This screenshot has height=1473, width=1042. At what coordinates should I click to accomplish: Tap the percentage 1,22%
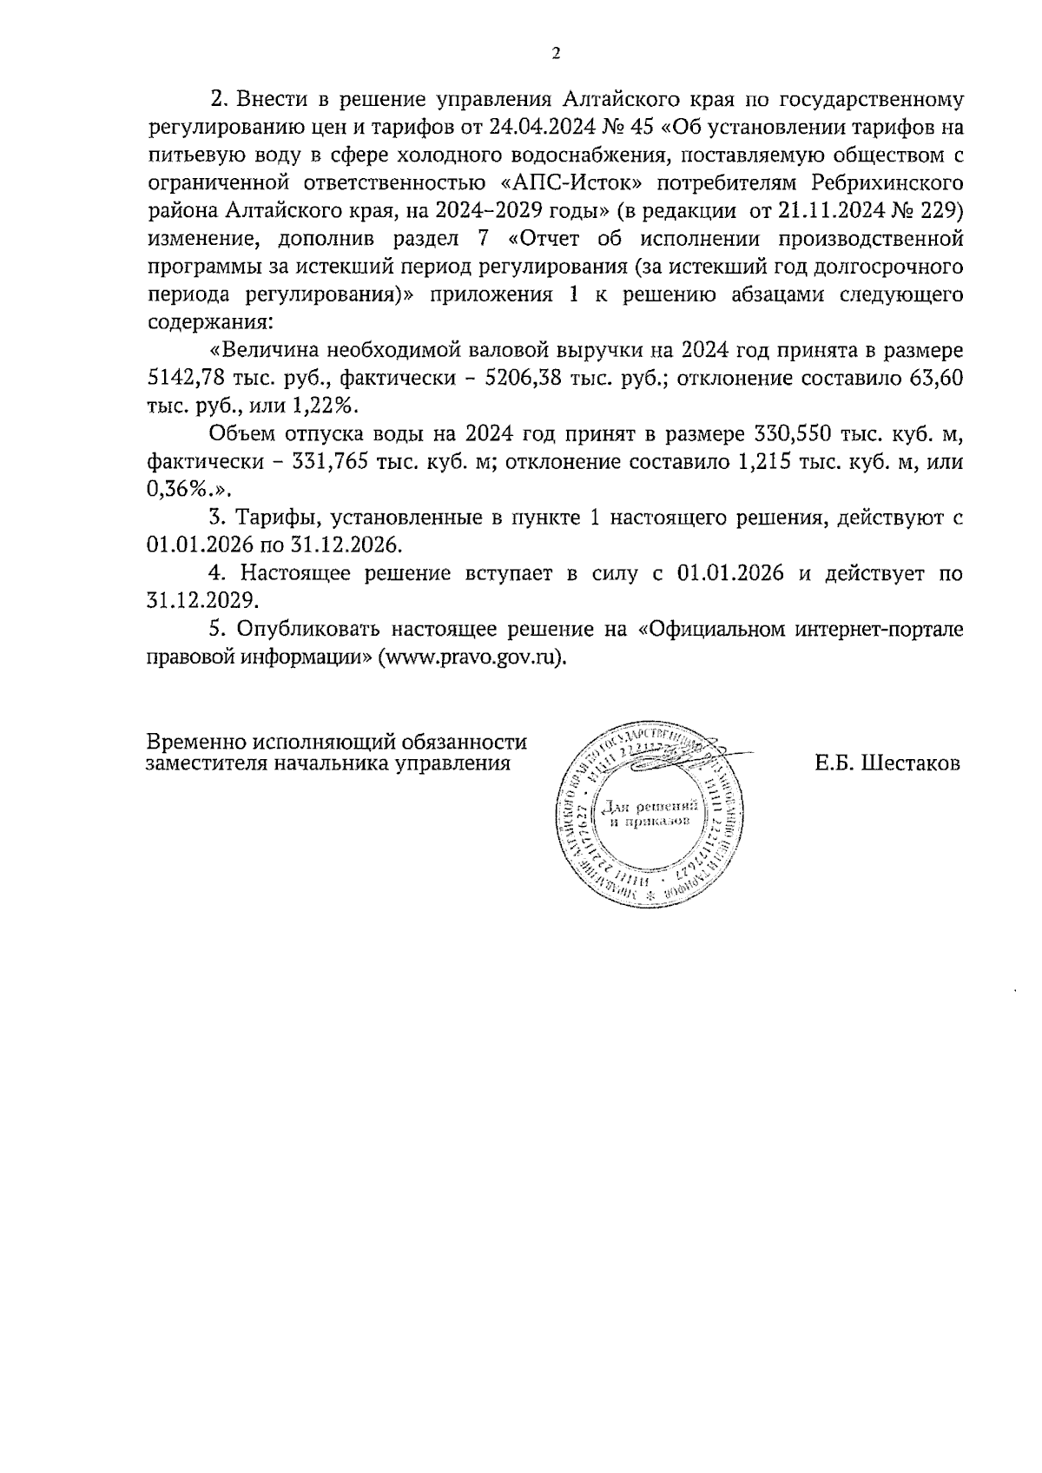[x=331, y=406]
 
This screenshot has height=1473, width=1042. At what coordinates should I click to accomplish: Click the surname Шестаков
[x=910, y=763]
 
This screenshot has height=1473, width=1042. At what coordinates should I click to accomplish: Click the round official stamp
[x=644, y=815]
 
